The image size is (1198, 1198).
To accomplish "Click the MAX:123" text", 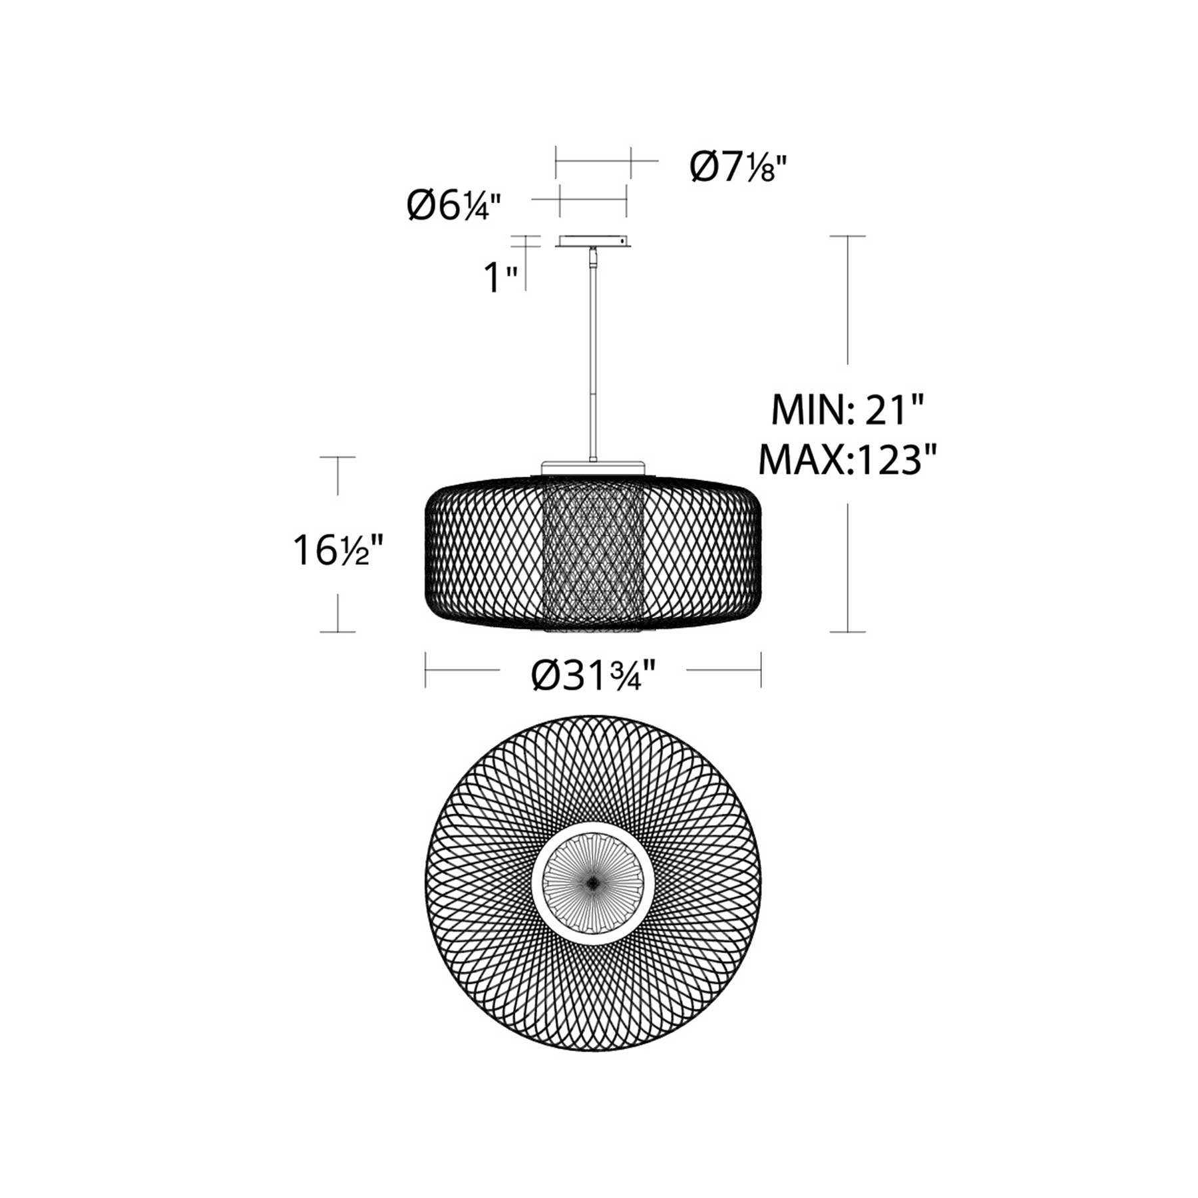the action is (x=848, y=459).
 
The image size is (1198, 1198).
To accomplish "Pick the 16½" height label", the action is (x=339, y=550).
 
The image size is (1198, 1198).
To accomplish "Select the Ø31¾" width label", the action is (x=594, y=676).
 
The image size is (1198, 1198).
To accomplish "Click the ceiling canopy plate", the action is (x=594, y=242).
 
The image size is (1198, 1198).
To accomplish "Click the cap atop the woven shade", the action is (x=594, y=467).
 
